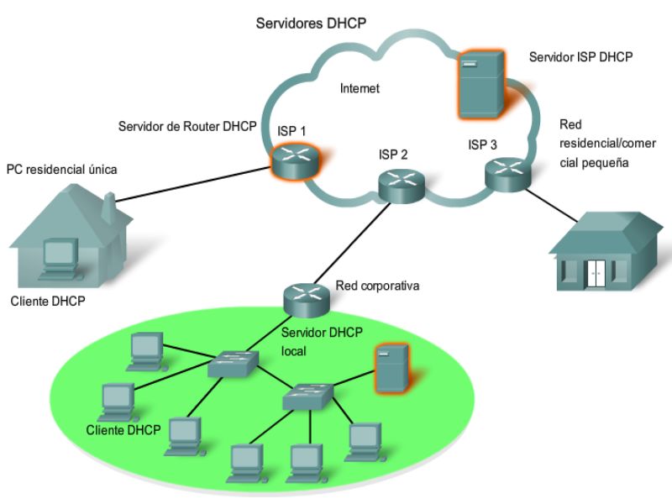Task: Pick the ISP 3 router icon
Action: pos(507,174)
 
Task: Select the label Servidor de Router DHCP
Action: pos(188,125)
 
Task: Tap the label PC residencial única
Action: pos(61,170)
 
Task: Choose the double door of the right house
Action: pos(596,274)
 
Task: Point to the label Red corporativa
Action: pos(376,286)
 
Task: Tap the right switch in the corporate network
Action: pos(308,395)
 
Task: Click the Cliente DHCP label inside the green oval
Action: pos(123,430)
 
